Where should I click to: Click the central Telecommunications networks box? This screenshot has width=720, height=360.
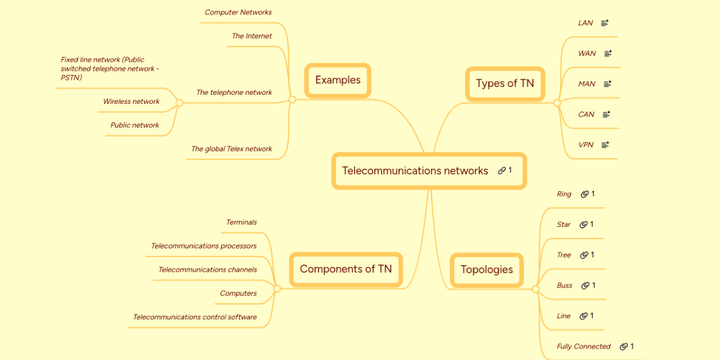coord(415,171)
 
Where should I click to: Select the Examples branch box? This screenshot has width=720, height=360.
coord(338,80)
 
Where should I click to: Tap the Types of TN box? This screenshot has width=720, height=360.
coord(505,83)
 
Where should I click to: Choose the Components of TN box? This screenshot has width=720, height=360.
coord(346,269)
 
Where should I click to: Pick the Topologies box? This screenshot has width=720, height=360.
coord(487,269)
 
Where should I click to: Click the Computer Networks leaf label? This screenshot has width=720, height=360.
coord(238,13)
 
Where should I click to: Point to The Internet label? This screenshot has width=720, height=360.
coord(251,36)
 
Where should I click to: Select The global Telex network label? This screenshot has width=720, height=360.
coord(231,149)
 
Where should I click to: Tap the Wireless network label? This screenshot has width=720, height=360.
coord(131,101)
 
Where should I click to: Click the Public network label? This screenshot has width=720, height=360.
coord(134,125)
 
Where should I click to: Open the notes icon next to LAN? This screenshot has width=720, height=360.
coord(605,23)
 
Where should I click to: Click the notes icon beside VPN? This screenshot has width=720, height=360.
coord(605,145)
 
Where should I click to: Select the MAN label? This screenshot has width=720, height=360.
coord(586,84)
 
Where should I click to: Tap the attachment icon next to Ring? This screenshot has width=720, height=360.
coord(584,194)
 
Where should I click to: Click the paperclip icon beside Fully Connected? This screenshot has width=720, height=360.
coord(623,346)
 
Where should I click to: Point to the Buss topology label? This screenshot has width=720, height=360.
coord(564,286)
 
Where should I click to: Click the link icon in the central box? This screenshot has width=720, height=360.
coord(502,170)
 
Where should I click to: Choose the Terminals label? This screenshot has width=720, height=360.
coord(241,223)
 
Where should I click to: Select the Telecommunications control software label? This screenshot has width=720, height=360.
coord(194,317)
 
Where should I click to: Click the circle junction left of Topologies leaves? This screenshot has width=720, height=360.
coord(536,289)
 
